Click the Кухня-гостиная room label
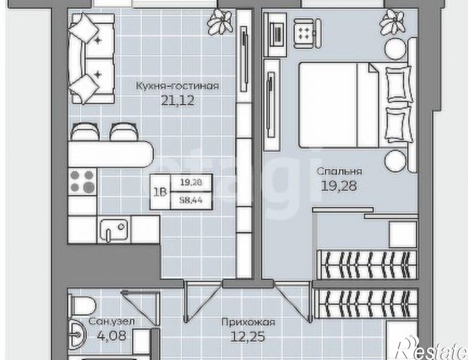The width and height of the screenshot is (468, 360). (x=178, y=86)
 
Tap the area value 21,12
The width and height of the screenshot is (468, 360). (x=178, y=100)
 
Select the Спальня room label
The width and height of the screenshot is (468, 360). (x=339, y=171)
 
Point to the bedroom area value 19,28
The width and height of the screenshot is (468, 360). (x=339, y=186)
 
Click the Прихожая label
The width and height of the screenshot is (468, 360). (x=249, y=323)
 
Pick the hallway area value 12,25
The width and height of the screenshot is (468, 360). (x=248, y=337)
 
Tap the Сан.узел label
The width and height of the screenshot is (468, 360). (x=112, y=321)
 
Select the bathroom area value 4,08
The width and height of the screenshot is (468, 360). (x=112, y=335)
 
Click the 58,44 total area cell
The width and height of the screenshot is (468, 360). (x=191, y=200)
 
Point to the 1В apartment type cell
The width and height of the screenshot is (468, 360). (x=160, y=192)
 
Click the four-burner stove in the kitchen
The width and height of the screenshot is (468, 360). (x=83, y=182)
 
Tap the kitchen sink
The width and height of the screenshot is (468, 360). (x=114, y=229)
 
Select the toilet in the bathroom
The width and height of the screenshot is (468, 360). (x=81, y=305)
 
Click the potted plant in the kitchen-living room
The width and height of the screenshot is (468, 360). (x=220, y=21)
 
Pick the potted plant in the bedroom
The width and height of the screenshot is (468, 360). (x=392, y=21)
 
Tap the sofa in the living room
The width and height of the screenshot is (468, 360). (x=91, y=59)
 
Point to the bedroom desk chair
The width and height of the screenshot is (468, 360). (x=307, y=33)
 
